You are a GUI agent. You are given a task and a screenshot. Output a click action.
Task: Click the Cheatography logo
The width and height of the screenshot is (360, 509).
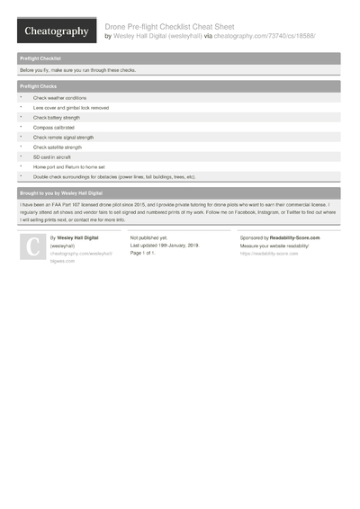pos(56,31)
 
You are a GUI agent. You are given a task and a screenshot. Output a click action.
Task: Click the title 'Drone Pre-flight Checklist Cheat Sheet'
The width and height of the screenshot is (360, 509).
pos(169,27)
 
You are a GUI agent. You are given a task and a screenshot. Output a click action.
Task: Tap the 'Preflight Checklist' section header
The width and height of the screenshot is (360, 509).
pos(40,58)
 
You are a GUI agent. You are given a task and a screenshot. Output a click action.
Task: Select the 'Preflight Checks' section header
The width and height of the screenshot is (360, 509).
pos(39,86)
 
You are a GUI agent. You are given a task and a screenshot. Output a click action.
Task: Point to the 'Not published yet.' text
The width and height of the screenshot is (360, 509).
pos(149,237)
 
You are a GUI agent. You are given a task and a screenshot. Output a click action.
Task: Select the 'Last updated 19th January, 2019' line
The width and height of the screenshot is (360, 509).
pos(165,246)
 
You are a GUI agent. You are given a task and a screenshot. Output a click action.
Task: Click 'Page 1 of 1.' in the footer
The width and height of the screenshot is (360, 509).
pos(144,254)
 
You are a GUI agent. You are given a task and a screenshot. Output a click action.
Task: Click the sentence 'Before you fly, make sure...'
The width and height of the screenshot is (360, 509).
pos(78,69)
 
